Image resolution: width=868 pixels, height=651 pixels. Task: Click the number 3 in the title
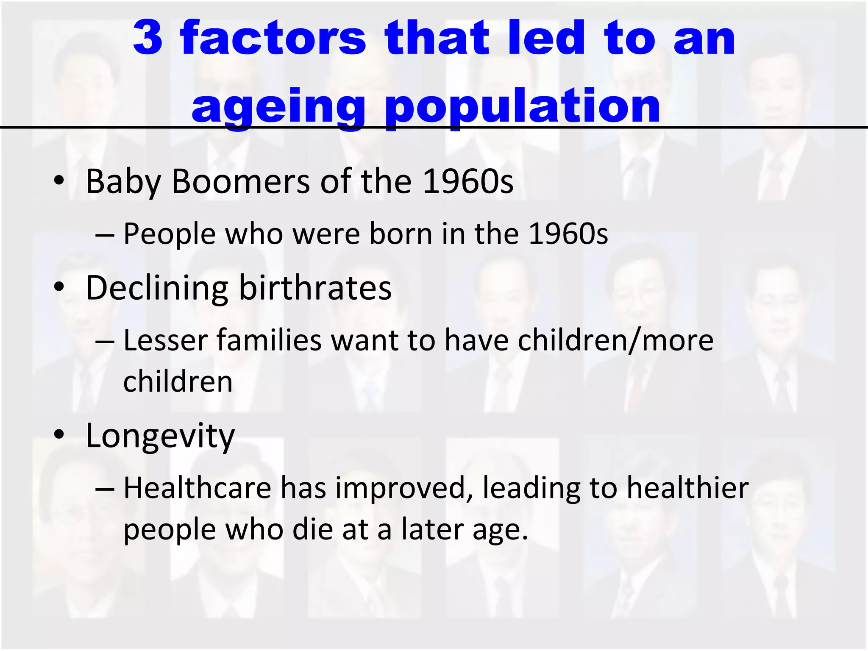point(148,38)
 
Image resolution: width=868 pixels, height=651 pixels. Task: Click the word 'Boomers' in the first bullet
point(241,181)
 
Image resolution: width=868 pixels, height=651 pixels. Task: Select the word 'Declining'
point(157,288)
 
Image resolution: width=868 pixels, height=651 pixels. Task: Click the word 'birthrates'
point(315,288)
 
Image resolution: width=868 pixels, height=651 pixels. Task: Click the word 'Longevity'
point(160,437)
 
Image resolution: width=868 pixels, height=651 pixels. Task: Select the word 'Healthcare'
point(198,488)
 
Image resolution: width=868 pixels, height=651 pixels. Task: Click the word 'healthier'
point(687,488)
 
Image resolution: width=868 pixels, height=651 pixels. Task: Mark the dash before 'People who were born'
point(105,234)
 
